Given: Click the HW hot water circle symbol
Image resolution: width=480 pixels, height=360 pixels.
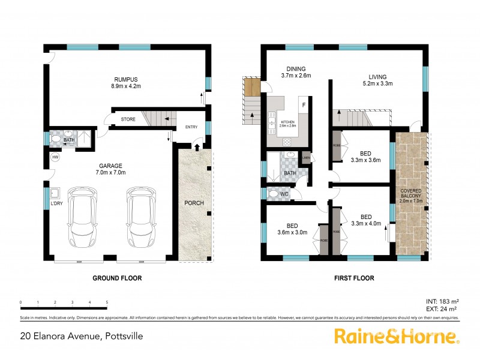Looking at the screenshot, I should tap(55, 157).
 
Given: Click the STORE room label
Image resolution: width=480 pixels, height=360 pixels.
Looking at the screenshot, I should tap(128, 119).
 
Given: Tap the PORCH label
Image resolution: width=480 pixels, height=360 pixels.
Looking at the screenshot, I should tap(194, 203).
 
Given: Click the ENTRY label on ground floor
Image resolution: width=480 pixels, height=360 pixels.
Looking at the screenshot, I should tap(191, 127).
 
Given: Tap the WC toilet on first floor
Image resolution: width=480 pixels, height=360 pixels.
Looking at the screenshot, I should tap(275, 194).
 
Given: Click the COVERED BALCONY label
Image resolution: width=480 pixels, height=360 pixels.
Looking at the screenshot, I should tap(411, 195).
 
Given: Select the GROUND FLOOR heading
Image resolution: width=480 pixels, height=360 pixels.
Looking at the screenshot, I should tap(117, 278).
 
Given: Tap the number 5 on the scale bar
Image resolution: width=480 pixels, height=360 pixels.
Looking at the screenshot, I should tap(107, 302).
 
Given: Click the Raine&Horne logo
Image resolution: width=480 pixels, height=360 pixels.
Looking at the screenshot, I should tap(397, 336).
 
